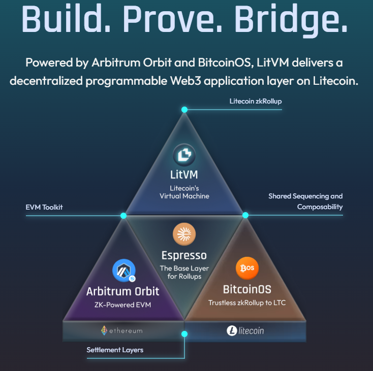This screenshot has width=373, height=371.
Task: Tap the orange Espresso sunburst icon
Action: pyautogui.click(x=184, y=234)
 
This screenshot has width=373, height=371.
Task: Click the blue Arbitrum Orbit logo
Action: pyautogui.click(x=123, y=271)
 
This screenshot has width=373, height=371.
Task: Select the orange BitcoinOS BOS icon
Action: pyautogui.click(x=247, y=268)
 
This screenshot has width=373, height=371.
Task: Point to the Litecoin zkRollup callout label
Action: pyautogui.click(x=255, y=101)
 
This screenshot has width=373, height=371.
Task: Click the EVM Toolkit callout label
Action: pyautogui.click(x=44, y=207)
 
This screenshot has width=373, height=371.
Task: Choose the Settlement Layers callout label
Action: pyautogui.click(x=115, y=350)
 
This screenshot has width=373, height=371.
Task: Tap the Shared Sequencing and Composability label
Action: pyautogui.click(x=306, y=201)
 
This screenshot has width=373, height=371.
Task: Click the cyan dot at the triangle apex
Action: pyautogui.click(x=184, y=110)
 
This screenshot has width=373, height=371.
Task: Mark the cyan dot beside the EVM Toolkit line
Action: pyautogui.click(x=123, y=216)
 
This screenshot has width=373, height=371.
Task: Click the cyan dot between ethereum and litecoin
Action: pyautogui.click(x=184, y=334)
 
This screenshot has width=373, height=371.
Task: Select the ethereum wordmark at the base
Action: pyautogui.click(x=122, y=330)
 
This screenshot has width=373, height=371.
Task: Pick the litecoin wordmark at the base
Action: pyautogui.click(x=245, y=331)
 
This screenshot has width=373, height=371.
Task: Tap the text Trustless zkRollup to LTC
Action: pyautogui.click(x=247, y=302)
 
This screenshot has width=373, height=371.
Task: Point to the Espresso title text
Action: pyautogui.click(x=184, y=255)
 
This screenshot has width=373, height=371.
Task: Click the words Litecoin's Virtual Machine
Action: pyautogui.click(x=184, y=192)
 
